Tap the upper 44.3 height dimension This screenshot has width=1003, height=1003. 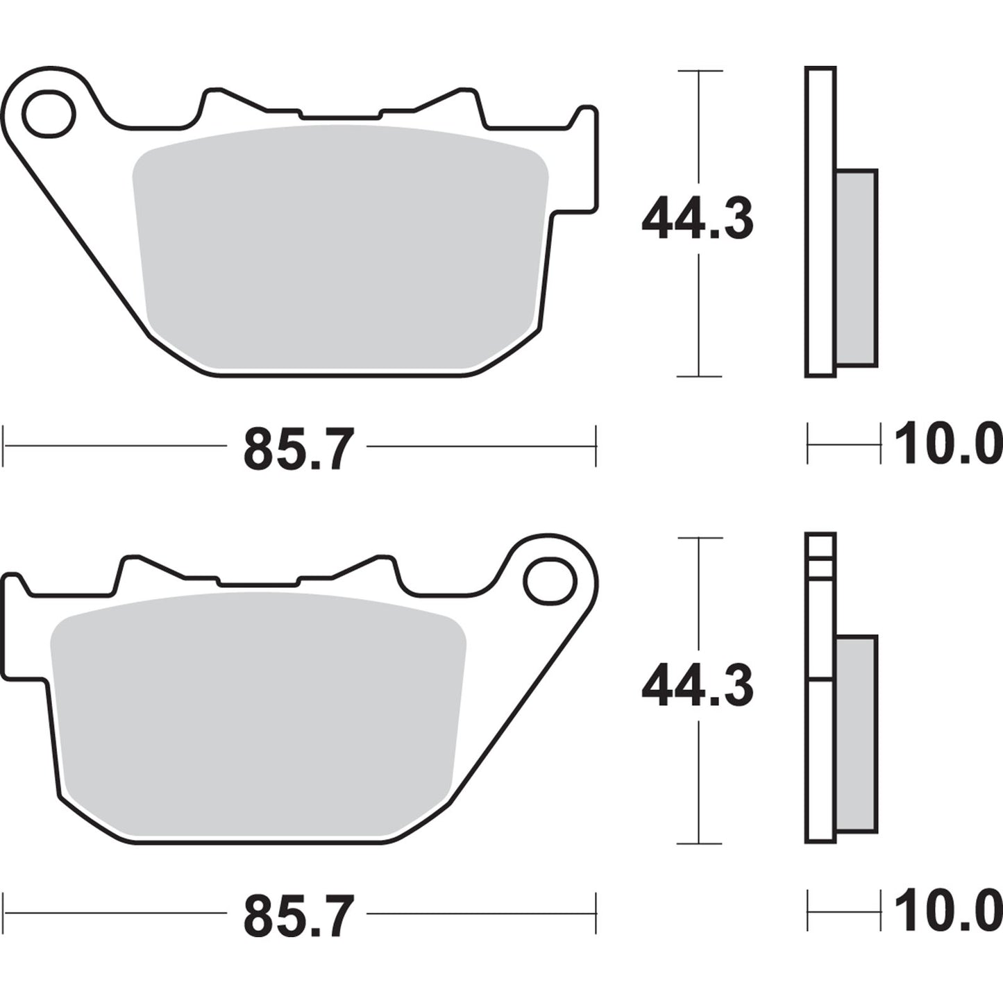tap(697, 219)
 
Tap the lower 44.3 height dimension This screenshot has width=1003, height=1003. tap(697, 685)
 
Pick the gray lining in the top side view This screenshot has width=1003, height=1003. tap(857, 267)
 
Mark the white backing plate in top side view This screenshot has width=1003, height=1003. tap(820, 222)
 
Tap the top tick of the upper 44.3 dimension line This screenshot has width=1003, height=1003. tap(699, 71)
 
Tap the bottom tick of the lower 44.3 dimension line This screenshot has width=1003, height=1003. tap(699, 843)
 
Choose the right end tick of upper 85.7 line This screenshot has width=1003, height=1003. tap(596, 446)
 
